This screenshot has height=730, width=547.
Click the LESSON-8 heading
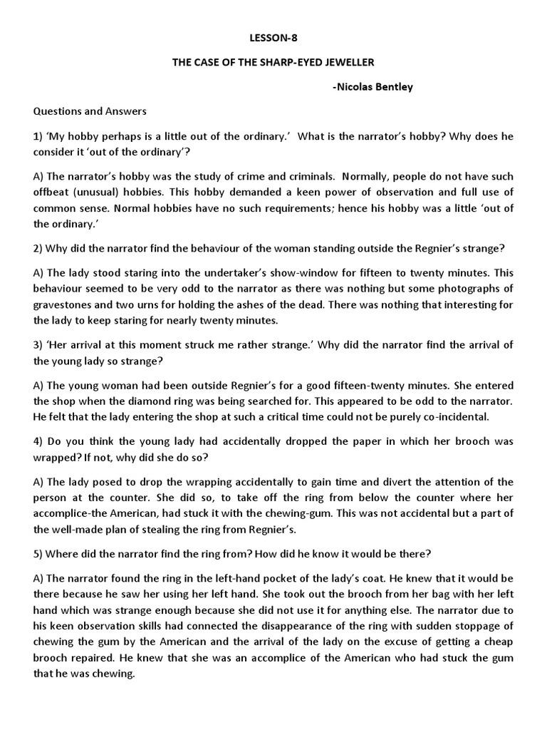coord(273,38)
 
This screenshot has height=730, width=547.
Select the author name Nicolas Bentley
coord(372,87)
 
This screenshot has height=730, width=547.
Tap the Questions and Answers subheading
coord(90,111)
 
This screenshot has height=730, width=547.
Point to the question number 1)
coord(38,135)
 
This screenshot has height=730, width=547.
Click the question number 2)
coord(38,248)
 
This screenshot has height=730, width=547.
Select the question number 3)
coord(38,345)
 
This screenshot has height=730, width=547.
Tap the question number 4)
coord(38,441)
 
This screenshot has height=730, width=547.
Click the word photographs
coord(468,288)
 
